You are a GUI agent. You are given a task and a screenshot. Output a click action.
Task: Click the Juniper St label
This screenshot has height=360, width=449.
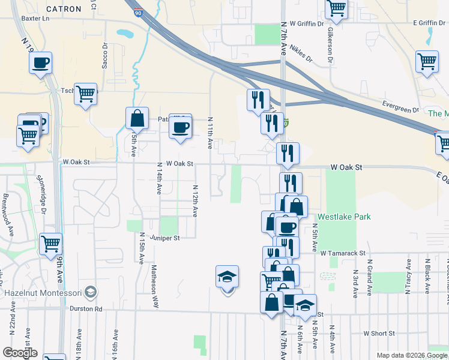tap(165, 238)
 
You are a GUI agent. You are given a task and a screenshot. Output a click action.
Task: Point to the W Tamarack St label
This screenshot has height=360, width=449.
tap(342, 253)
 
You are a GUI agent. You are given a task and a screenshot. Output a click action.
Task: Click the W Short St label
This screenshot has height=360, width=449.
tap(378, 333)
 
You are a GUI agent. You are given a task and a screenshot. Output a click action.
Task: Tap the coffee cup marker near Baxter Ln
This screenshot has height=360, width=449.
tap(40, 63)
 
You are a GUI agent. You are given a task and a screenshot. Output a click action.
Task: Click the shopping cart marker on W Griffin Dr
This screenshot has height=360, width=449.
tap(337, 8)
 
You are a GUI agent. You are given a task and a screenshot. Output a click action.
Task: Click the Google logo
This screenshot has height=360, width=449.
tap(20, 353)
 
